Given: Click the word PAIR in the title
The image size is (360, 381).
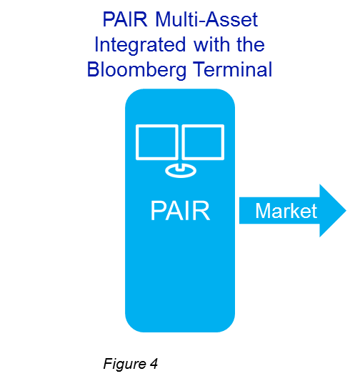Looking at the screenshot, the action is pyautogui.click(x=125, y=19).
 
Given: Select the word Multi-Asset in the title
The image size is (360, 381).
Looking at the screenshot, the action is pyautogui.click(x=206, y=19).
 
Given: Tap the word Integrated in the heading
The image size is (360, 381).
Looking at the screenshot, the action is pyautogui.click(x=140, y=45).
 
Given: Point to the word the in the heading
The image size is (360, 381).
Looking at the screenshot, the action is pyautogui.click(x=251, y=44).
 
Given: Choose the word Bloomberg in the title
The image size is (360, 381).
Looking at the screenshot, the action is pyautogui.click(x=136, y=71).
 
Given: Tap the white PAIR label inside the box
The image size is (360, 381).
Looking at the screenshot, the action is pyautogui.click(x=180, y=211).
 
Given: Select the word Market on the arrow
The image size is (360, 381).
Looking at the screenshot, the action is pyautogui.click(x=286, y=211).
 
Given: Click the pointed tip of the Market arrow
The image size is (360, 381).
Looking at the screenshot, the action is pyautogui.click(x=346, y=211).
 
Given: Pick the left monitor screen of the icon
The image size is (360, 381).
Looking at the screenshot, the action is pyautogui.click(x=157, y=142).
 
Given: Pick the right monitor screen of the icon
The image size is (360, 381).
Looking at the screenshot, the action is pyautogui.click(x=203, y=142).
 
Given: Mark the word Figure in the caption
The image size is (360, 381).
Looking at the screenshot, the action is pyautogui.click(x=124, y=365).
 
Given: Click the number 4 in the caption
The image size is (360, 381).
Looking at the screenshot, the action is pyautogui.click(x=154, y=364).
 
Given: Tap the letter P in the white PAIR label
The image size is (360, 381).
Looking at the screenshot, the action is pyautogui.click(x=158, y=211).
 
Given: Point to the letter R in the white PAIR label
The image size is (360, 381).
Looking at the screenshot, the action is pyautogui.click(x=202, y=211).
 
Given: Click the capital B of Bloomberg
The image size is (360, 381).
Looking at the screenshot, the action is pyautogui.click(x=94, y=69).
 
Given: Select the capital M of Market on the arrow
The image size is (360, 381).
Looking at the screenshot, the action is pyautogui.click(x=263, y=211).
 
